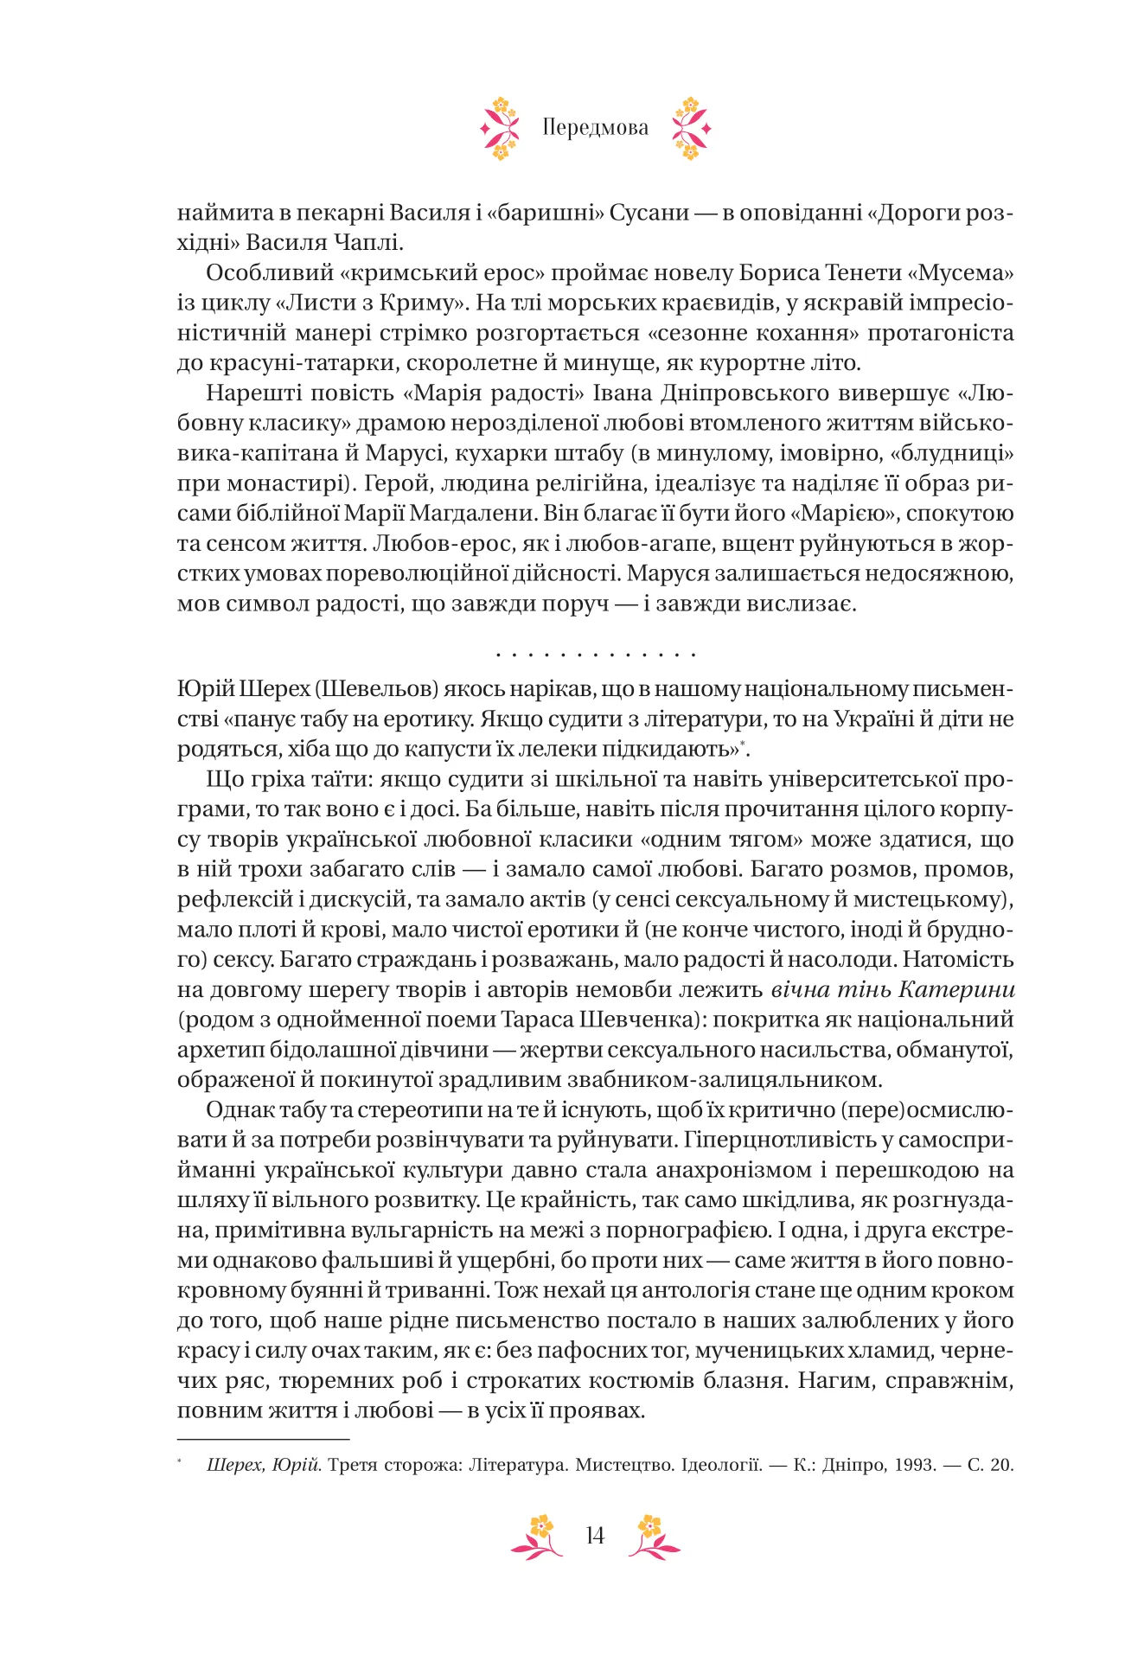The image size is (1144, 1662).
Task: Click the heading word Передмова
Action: point(595,128)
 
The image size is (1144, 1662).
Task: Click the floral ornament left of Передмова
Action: point(500,129)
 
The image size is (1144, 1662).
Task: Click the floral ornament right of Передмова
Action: point(691,129)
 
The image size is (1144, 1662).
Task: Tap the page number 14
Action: point(595,1536)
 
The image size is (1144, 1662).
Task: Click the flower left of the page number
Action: point(538,1536)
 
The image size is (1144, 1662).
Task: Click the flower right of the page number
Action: point(653,1536)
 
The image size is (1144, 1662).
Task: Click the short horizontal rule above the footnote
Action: point(263,1439)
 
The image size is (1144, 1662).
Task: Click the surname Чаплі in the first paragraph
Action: point(363,243)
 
